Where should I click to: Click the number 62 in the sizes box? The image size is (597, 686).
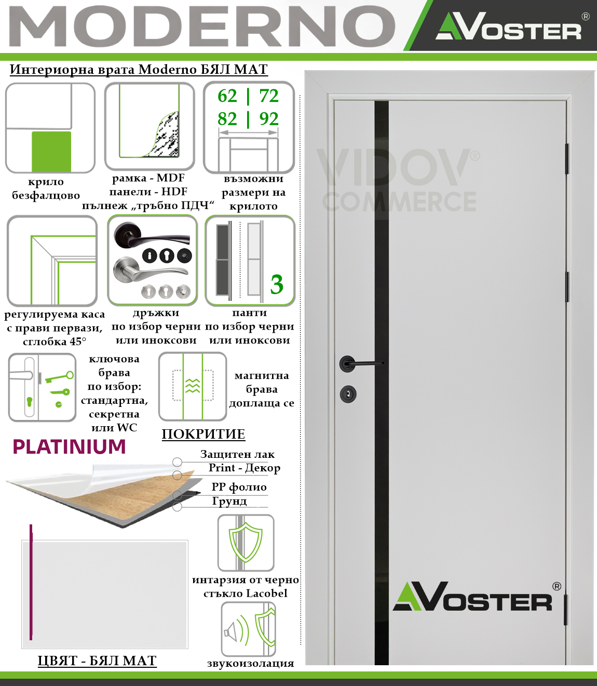227,96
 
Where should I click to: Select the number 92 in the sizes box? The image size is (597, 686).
269,119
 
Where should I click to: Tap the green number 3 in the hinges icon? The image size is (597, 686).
277,285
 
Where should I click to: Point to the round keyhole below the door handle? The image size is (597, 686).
348,394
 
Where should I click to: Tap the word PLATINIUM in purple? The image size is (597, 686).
69,447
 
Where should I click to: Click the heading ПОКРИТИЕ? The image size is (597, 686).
203,434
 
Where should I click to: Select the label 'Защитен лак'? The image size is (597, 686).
237,455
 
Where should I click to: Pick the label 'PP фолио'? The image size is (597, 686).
239,487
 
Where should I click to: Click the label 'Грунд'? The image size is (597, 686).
229,501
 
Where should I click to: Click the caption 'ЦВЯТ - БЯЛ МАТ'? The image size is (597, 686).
97,661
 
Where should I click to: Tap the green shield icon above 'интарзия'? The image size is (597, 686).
246,543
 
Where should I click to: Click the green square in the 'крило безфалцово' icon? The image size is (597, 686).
51,151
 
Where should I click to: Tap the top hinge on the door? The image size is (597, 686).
567,159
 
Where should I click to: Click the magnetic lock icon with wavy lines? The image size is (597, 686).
193,386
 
